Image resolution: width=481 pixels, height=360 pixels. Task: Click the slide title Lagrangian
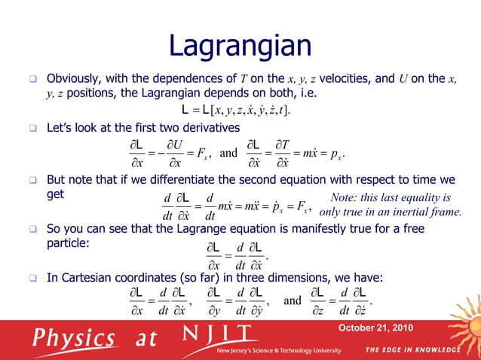pyautogui.click(x=240, y=46)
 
